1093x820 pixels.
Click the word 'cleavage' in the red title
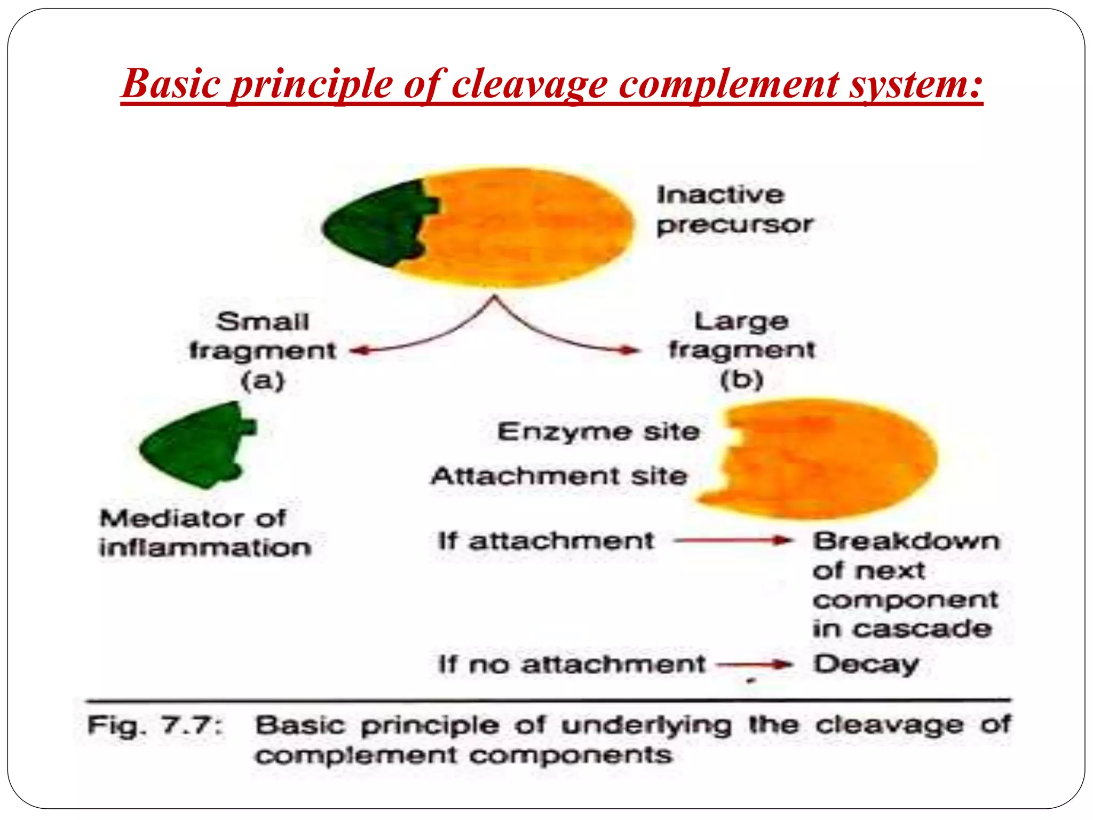pyautogui.click(x=529, y=84)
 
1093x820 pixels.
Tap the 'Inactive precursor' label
pyautogui.click(x=734, y=210)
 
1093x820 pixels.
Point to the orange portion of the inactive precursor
pyautogui.click(x=528, y=227)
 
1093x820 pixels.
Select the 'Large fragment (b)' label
pyautogui.click(x=742, y=350)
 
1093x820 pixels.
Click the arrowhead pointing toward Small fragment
pyautogui.click(x=357, y=351)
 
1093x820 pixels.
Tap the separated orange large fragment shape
pyautogui.click(x=833, y=459)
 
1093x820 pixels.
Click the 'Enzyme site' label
pyautogui.click(x=598, y=431)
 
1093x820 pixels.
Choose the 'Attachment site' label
pyautogui.click(x=559, y=476)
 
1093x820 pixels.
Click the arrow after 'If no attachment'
pyautogui.click(x=755, y=665)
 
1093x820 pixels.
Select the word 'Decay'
pyautogui.click(x=865, y=665)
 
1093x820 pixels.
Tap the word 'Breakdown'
pyautogui.click(x=906, y=541)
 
